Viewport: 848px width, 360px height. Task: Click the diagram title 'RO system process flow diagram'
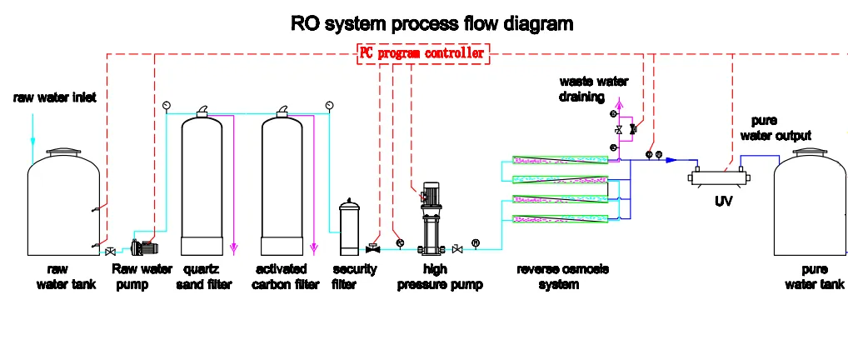431,22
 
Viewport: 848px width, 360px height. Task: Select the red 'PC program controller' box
422,53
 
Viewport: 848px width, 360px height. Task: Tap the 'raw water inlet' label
54,97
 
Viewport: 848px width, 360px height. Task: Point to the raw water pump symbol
142,247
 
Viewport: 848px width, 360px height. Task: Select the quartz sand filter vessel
201,185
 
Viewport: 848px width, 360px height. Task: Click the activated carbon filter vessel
282,185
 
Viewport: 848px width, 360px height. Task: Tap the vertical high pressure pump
431,218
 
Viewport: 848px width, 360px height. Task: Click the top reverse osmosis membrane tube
559,158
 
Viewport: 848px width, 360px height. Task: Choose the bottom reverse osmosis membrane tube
559,218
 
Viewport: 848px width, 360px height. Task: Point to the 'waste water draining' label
593,89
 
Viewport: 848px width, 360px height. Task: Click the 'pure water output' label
781,128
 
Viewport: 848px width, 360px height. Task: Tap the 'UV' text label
722,202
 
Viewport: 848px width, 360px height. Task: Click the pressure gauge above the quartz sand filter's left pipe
167,104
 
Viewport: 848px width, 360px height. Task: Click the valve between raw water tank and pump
109,251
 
